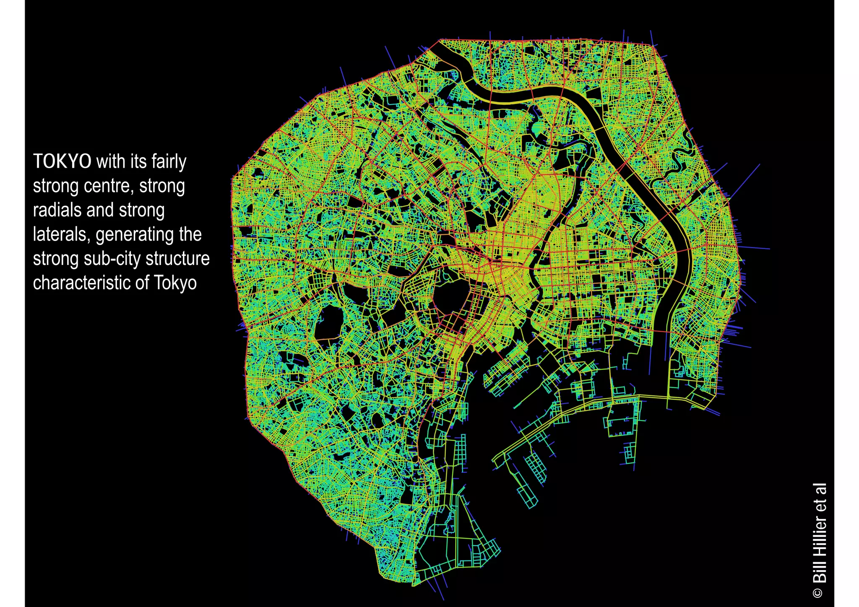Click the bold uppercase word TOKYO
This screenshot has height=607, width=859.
tap(62, 161)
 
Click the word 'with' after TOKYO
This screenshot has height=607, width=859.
tap(110, 161)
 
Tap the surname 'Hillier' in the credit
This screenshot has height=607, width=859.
tap(819, 537)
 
